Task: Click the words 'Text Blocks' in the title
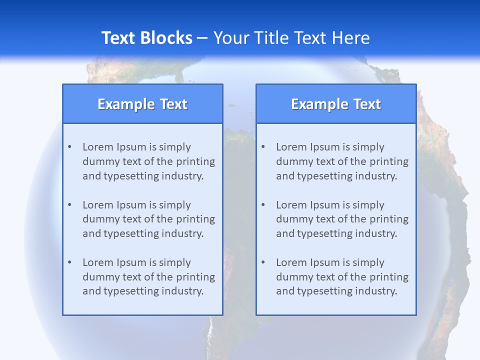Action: tap(146, 38)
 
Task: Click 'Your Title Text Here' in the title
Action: tap(291, 38)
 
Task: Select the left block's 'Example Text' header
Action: tap(142, 104)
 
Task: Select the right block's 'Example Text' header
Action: tap(336, 104)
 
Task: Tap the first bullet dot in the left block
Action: tap(69, 147)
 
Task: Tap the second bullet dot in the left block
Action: tap(69, 205)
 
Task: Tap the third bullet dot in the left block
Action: tap(69, 262)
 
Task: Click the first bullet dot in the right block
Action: tap(263, 147)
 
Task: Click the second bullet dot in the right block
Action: tap(263, 205)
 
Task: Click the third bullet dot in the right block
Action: tap(263, 262)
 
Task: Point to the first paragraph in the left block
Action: tap(148, 161)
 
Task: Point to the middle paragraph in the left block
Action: tap(148, 219)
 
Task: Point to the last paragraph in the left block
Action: tap(148, 277)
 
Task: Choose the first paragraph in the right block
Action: tap(342, 161)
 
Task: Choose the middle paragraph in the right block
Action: tap(342, 219)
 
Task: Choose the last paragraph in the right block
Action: tap(342, 277)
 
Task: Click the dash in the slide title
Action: tap(202, 38)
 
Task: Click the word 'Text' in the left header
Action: tap(173, 104)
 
